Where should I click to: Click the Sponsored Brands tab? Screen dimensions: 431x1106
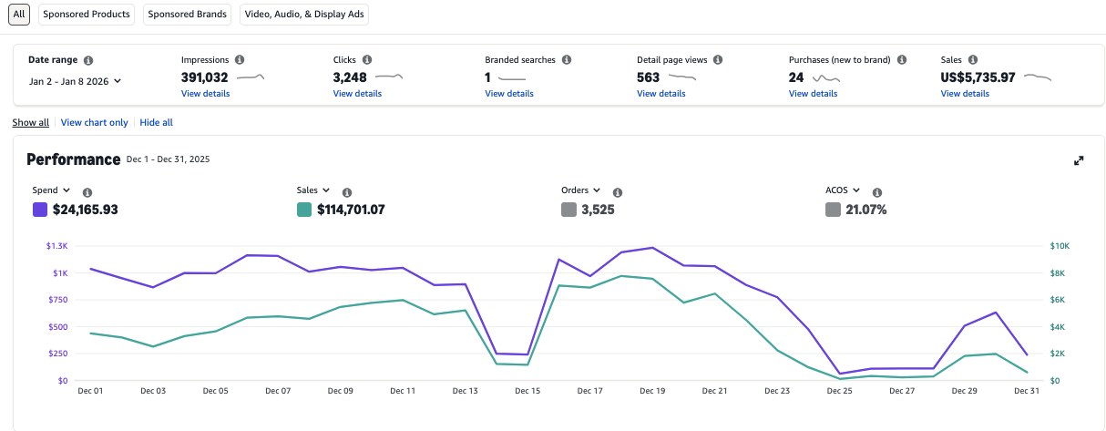click(x=186, y=14)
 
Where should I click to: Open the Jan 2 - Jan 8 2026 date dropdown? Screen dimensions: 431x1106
click(x=75, y=81)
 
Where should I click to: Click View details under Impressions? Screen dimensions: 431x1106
click(x=205, y=94)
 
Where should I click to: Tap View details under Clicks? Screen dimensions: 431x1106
click(x=357, y=94)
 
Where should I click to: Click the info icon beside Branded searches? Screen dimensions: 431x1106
click(x=567, y=60)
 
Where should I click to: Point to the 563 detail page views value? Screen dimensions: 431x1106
click(x=648, y=77)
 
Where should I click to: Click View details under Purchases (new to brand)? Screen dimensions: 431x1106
click(x=813, y=94)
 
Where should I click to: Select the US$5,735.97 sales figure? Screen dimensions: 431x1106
click(x=978, y=77)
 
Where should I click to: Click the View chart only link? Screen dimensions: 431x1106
click(x=94, y=122)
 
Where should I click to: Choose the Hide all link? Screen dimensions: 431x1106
click(x=156, y=122)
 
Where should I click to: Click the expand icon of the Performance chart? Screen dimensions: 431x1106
click(x=1079, y=160)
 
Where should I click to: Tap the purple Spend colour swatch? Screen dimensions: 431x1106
click(x=40, y=210)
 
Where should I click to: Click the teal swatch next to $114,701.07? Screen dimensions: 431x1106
click(x=304, y=210)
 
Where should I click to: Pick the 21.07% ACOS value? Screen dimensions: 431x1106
click(x=865, y=210)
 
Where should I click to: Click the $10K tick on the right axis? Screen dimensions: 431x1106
click(x=1060, y=246)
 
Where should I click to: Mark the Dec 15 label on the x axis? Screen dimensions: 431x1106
click(x=527, y=391)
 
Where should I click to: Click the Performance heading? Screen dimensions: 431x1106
click(x=73, y=159)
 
